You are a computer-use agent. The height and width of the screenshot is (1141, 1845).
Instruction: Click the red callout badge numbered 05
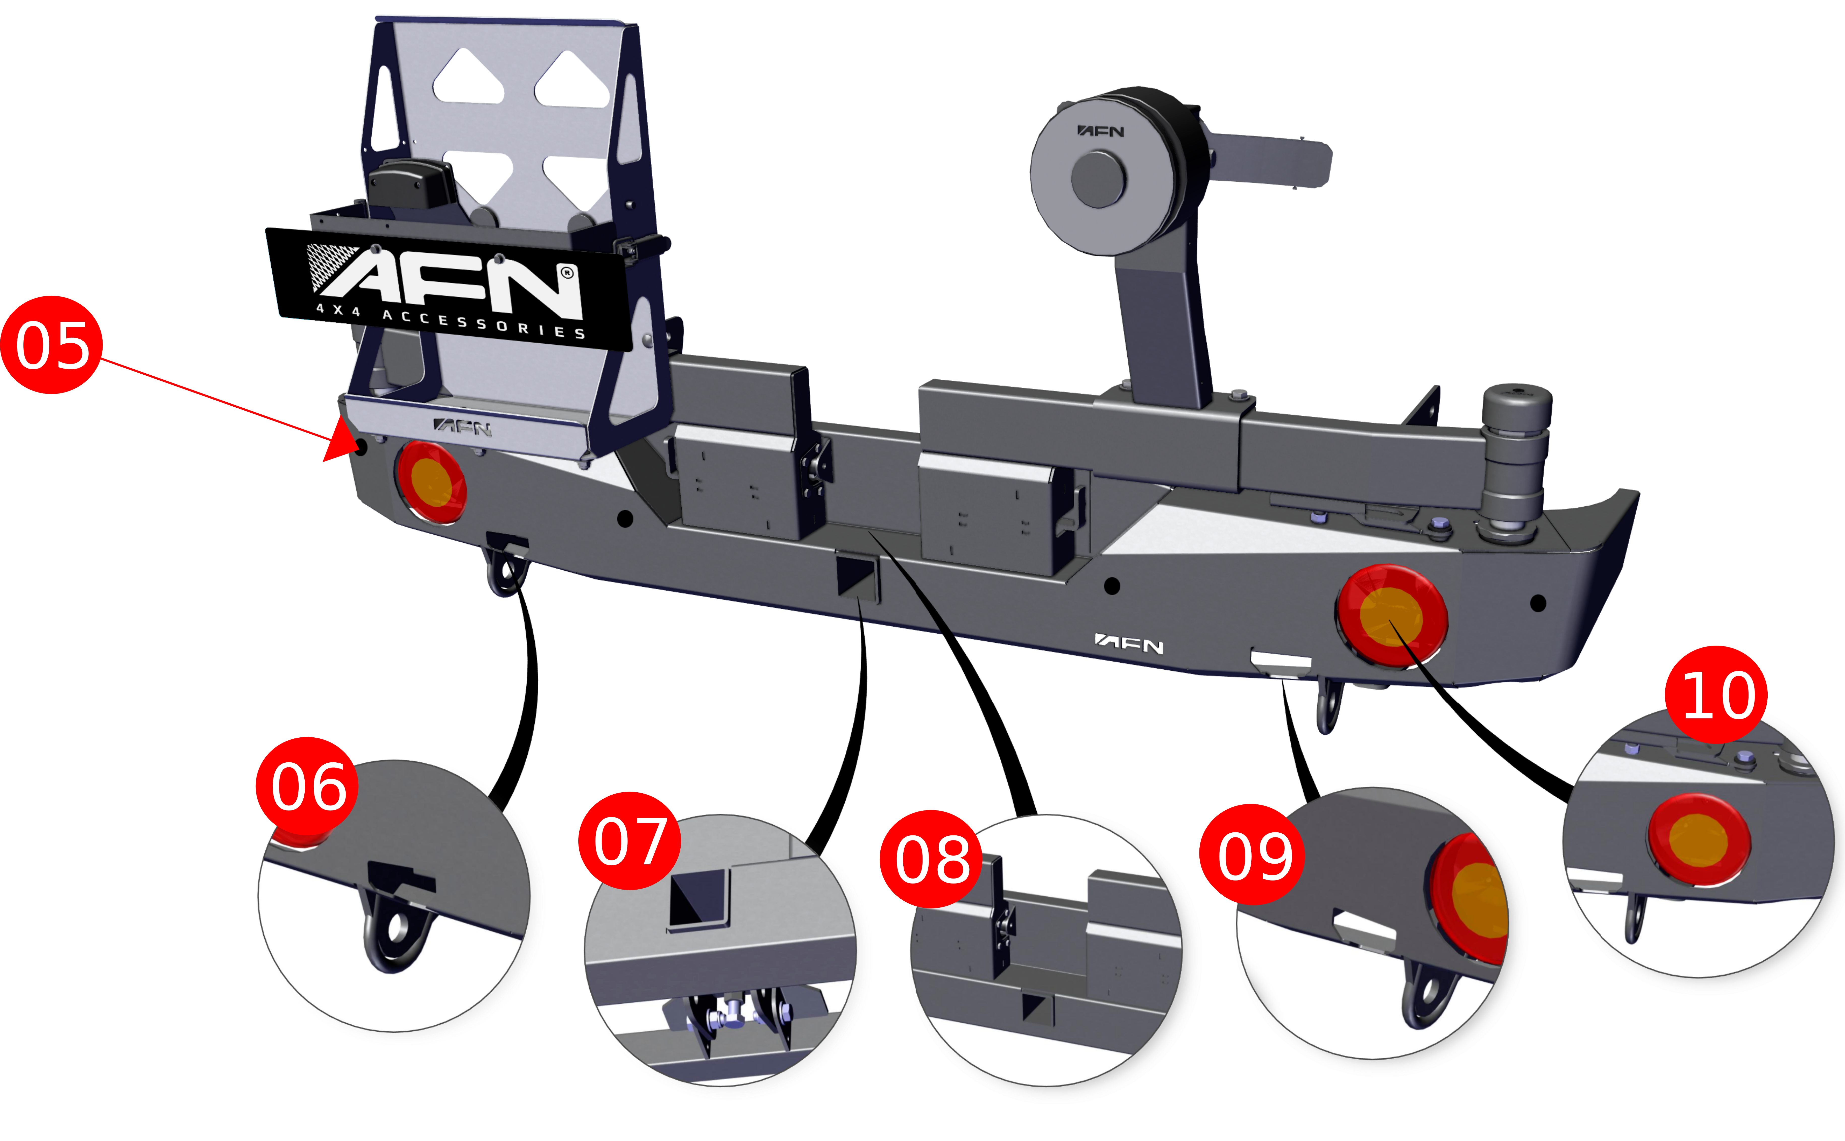51,345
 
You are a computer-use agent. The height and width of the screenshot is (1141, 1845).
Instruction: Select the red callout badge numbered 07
629,841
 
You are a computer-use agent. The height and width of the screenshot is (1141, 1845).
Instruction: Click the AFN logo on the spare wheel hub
1100,131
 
